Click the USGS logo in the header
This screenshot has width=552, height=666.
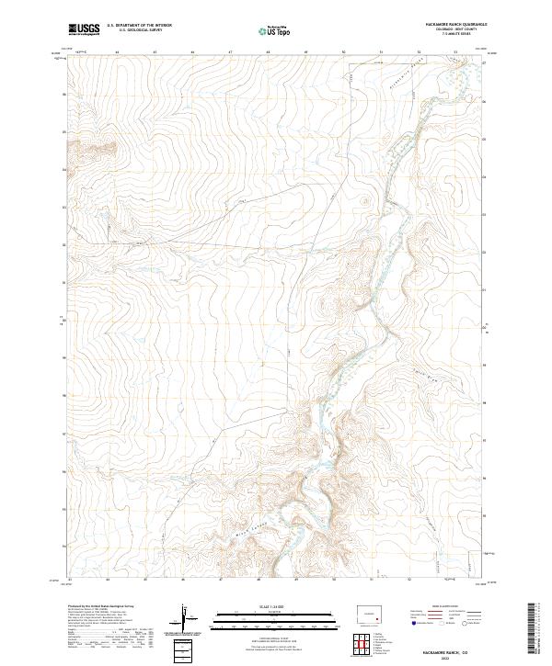click(84, 29)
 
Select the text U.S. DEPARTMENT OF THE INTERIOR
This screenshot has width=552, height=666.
click(139, 27)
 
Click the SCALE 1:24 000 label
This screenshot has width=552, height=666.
click(275, 605)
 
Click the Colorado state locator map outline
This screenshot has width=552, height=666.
click(370, 615)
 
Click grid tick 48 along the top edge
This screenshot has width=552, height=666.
click(267, 52)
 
